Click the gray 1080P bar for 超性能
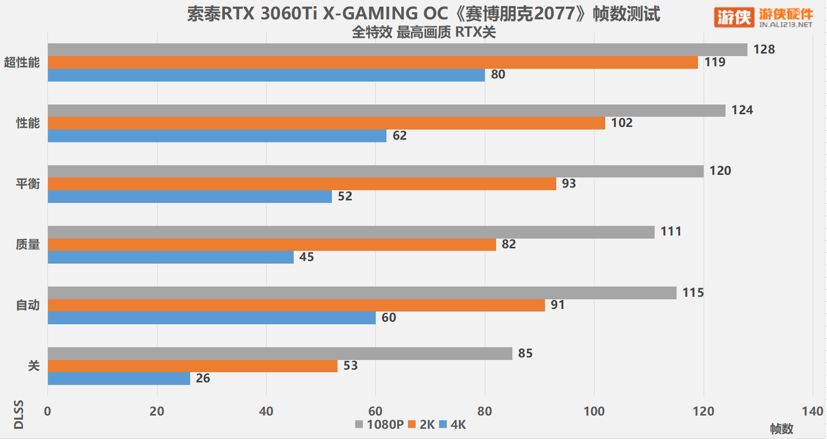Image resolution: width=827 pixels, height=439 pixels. [397, 49]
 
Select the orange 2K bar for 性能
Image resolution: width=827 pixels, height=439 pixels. [326, 123]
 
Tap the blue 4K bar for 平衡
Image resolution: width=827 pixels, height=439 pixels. [190, 196]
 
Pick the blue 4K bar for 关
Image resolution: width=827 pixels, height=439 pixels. [119, 378]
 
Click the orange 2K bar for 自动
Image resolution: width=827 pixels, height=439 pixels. [296, 305]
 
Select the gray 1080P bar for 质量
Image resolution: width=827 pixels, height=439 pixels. [351, 232]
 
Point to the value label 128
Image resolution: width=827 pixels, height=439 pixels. [764, 49]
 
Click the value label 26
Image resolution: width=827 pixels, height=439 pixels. [203, 378]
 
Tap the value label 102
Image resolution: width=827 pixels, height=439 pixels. [622, 123]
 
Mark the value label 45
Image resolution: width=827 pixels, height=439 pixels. [306, 257]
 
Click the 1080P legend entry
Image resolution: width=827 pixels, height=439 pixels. [380, 425]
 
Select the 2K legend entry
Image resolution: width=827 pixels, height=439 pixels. [422, 425]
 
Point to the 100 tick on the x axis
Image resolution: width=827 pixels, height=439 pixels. [594, 411]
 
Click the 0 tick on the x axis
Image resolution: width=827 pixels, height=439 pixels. [47, 411]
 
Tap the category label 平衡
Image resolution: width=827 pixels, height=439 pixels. [28, 184]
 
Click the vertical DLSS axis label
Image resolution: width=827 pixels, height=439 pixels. [18, 415]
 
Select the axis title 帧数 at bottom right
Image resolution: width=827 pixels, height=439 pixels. [781, 429]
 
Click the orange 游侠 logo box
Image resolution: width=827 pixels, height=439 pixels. [734, 17]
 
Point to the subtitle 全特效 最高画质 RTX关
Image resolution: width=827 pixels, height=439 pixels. [424, 32]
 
